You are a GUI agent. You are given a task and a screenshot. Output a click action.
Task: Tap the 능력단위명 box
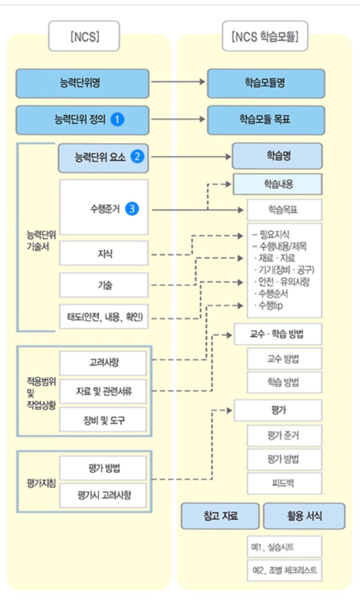point(82,83)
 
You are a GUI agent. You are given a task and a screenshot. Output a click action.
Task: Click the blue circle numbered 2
point(138,157)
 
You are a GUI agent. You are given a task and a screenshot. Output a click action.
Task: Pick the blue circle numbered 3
point(131,209)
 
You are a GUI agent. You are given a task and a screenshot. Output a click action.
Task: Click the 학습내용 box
point(278,184)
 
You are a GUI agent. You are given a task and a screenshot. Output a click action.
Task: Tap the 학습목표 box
point(284,210)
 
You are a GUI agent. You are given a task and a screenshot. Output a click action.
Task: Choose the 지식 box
point(104,253)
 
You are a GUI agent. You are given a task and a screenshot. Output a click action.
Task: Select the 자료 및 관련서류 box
point(104,392)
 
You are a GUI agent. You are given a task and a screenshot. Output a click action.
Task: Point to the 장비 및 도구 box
point(104,419)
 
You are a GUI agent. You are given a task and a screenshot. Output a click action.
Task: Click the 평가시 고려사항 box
point(104,495)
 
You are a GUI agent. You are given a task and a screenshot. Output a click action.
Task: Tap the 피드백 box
point(284,483)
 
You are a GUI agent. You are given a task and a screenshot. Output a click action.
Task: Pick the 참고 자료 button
point(220,516)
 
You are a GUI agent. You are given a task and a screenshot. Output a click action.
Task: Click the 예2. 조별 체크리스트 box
point(284,570)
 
